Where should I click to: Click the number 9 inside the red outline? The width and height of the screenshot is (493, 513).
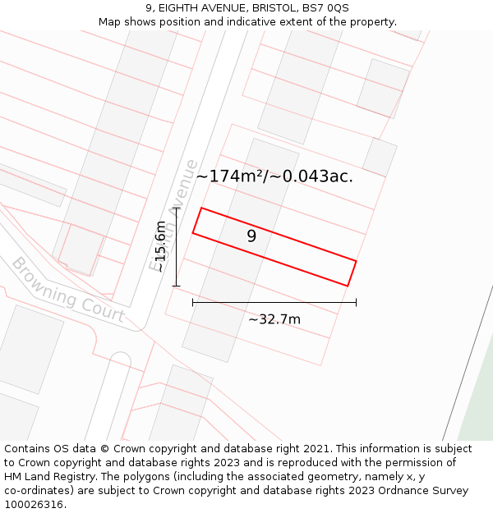pos(251,236)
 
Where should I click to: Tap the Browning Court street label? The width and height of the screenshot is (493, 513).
pos(67,291)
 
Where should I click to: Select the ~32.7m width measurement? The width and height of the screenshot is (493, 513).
pos(274,319)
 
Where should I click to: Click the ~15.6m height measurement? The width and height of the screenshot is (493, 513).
pos(160,247)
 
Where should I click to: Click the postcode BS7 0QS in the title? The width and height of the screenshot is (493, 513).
pos(326,8)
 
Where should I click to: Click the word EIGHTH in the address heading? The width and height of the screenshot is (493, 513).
pos(179,8)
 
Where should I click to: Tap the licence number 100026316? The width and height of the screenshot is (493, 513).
pos(34,505)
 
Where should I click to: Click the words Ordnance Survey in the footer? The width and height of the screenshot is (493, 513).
pos(427,491)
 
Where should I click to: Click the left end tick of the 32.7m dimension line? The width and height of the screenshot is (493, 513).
pos(193,303)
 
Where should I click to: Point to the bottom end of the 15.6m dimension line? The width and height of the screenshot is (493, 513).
pos(176,286)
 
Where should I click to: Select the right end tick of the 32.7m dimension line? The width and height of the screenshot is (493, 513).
pos(356,303)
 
